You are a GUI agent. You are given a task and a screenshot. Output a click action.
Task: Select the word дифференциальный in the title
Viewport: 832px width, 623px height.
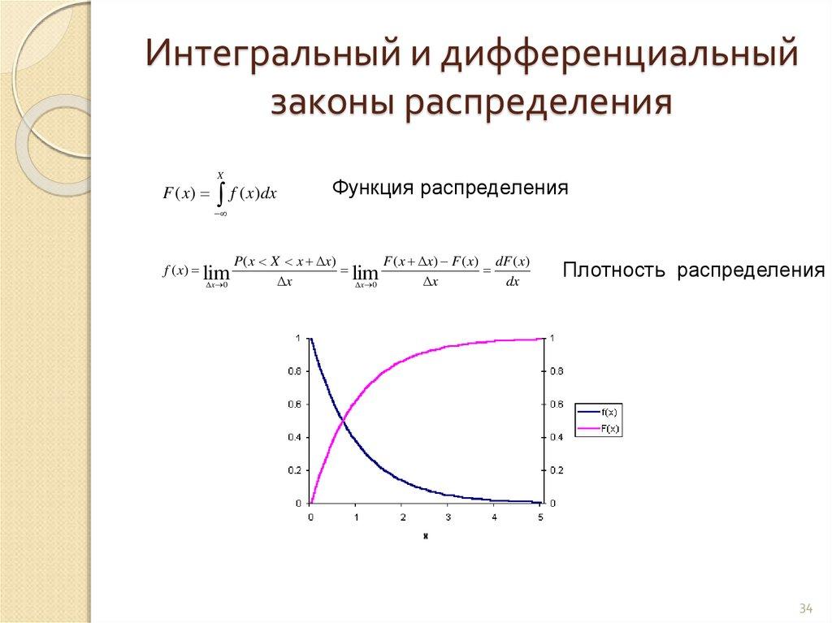click(x=616, y=58)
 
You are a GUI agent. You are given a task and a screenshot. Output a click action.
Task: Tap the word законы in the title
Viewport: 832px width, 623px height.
click(x=330, y=104)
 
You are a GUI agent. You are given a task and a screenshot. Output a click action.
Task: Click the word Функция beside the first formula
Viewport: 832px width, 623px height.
click(x=372, y=188)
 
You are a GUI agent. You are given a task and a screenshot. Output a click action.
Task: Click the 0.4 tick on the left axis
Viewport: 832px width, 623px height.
click(x=294, y=438)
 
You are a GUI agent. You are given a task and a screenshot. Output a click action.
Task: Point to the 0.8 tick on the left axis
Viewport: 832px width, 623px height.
click(x=294, y=371)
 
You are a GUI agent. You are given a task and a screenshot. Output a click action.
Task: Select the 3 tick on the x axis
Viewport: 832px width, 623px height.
click(x=448, y=517)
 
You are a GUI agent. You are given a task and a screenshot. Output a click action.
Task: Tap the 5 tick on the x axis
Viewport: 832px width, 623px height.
click(x=539, y=517)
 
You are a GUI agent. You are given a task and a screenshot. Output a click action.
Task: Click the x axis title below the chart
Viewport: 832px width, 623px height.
click(x=425, y=536)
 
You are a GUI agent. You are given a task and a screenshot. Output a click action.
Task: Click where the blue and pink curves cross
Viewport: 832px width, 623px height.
click(x=343, y=421)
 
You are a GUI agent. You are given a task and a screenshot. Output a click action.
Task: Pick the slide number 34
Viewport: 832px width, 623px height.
click(x=806, y=608)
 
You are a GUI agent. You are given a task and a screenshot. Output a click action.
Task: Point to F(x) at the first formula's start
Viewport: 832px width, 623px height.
click(x=177, y=193)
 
